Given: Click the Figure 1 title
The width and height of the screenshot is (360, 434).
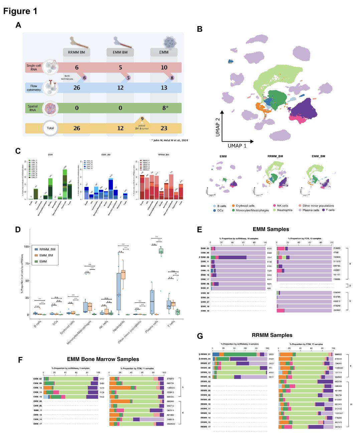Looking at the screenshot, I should (x=20, y=11).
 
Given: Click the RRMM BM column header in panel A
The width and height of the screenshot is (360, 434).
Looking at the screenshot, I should (x=76, y=52).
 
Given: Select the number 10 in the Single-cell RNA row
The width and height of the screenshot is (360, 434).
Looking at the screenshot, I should (x=164, y=67).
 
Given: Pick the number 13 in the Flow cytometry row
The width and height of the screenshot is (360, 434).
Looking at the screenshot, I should (x=164, y=88).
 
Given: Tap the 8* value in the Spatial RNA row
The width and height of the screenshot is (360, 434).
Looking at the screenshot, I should (x=165, y=108).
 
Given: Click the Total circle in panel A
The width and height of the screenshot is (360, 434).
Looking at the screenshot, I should (x=50, y=128).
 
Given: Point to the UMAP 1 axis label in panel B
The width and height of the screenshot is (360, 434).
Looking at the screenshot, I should (x=237, y=146).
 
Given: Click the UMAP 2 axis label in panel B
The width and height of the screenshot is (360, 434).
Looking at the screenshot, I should (x=218, y=127).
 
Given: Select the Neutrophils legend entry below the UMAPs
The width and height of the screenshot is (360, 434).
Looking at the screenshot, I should (x=284, y=210).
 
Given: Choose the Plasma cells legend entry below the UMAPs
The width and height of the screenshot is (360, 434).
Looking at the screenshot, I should (x=311, y=210).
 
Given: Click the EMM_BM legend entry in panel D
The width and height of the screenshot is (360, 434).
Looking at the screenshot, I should (x=46, y=255).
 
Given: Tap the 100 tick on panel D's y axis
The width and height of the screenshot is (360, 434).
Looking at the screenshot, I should (x=26, y=246).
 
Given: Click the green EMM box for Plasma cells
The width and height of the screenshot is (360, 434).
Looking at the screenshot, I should (x=161, y=251).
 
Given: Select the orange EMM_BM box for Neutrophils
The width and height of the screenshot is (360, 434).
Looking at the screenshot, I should (x=123, y=274).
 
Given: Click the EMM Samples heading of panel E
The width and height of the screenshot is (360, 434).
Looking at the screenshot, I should (x=271, y=229).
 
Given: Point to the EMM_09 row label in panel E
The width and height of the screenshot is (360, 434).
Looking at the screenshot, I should (x=205, y=257).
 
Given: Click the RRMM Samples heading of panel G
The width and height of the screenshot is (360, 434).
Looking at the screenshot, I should (x=272, y=335).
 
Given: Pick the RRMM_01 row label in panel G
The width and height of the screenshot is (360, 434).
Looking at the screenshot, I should (x=205, y=354).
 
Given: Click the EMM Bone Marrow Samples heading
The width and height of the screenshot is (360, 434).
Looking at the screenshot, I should (x=103, y=359).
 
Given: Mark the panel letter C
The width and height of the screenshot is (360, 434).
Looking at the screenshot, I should (x=18, y=151).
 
